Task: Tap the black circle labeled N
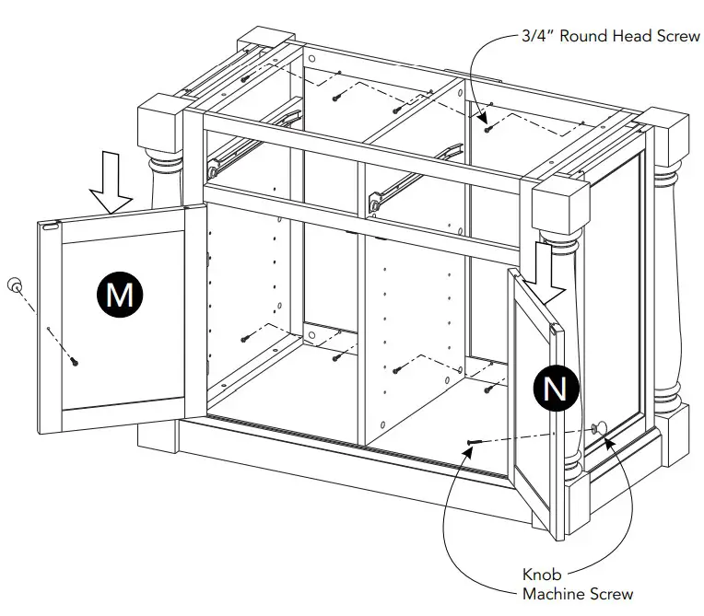pos(556,389)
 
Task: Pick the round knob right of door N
pos(600,427)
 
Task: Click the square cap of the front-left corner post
pos(160,122)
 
